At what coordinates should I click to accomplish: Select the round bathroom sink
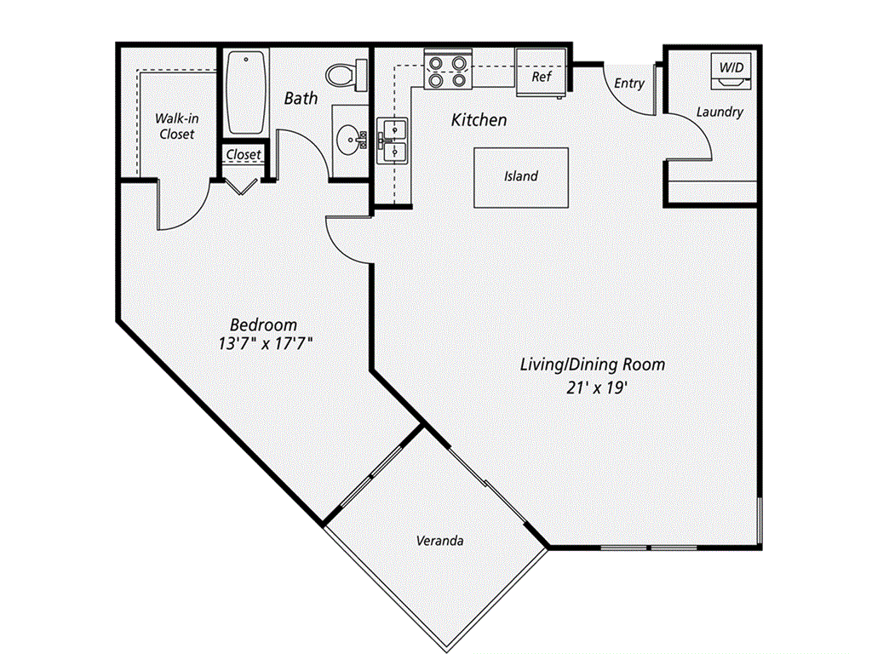pos(349,139)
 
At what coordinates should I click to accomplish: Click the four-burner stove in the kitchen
pos(448,72)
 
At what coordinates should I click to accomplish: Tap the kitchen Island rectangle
pos(521,176)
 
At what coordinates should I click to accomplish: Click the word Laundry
pos(720,112)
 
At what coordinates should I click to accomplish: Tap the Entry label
pos(629,83)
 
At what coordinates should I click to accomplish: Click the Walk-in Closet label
pos(176,127)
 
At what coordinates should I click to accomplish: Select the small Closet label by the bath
pos(244,155)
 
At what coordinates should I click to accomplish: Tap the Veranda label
pos(440,541)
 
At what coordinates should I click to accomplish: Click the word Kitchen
pos(479,120)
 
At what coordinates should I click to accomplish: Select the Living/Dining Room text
pos(593,364)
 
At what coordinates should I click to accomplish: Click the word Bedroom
pos(264,324)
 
